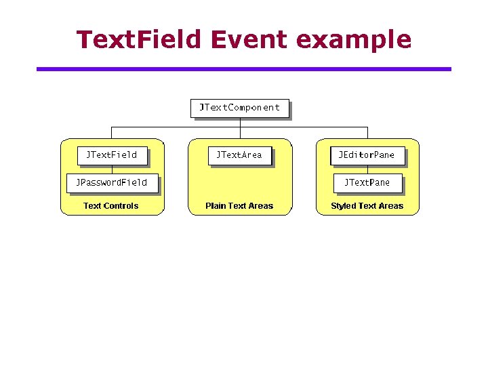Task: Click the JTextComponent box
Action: click(x=239, y=108)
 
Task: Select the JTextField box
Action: click(x=111, y=155)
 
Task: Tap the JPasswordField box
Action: click(x=111, y=183)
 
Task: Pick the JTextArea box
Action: click(x=239, y=155)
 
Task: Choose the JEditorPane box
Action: click(x=367, y=155)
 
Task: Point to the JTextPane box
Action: click(x=367, y=183)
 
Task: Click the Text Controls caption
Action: click(x=110, y=206)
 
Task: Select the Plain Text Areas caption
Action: click(x=239, y=206)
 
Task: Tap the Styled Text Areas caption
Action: click(x=367, y=206)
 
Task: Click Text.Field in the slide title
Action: click(x=139, y=39)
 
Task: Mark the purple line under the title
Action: click(x=243, y=69)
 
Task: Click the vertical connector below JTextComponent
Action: click(x=239, y=123)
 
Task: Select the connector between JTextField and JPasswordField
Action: click(x=111, y=169)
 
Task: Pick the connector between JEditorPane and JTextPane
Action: click(x=367, y=169)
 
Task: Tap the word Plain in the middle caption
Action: click(x=216, y=206)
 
